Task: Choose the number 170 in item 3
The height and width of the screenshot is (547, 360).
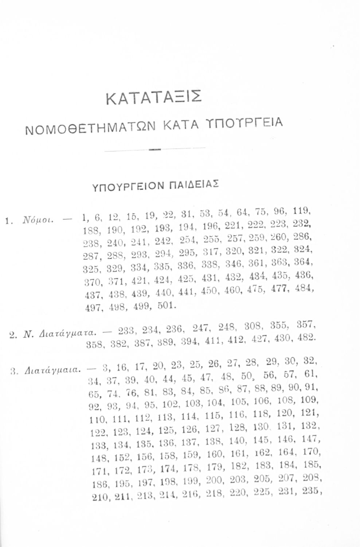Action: pos(312,451)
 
